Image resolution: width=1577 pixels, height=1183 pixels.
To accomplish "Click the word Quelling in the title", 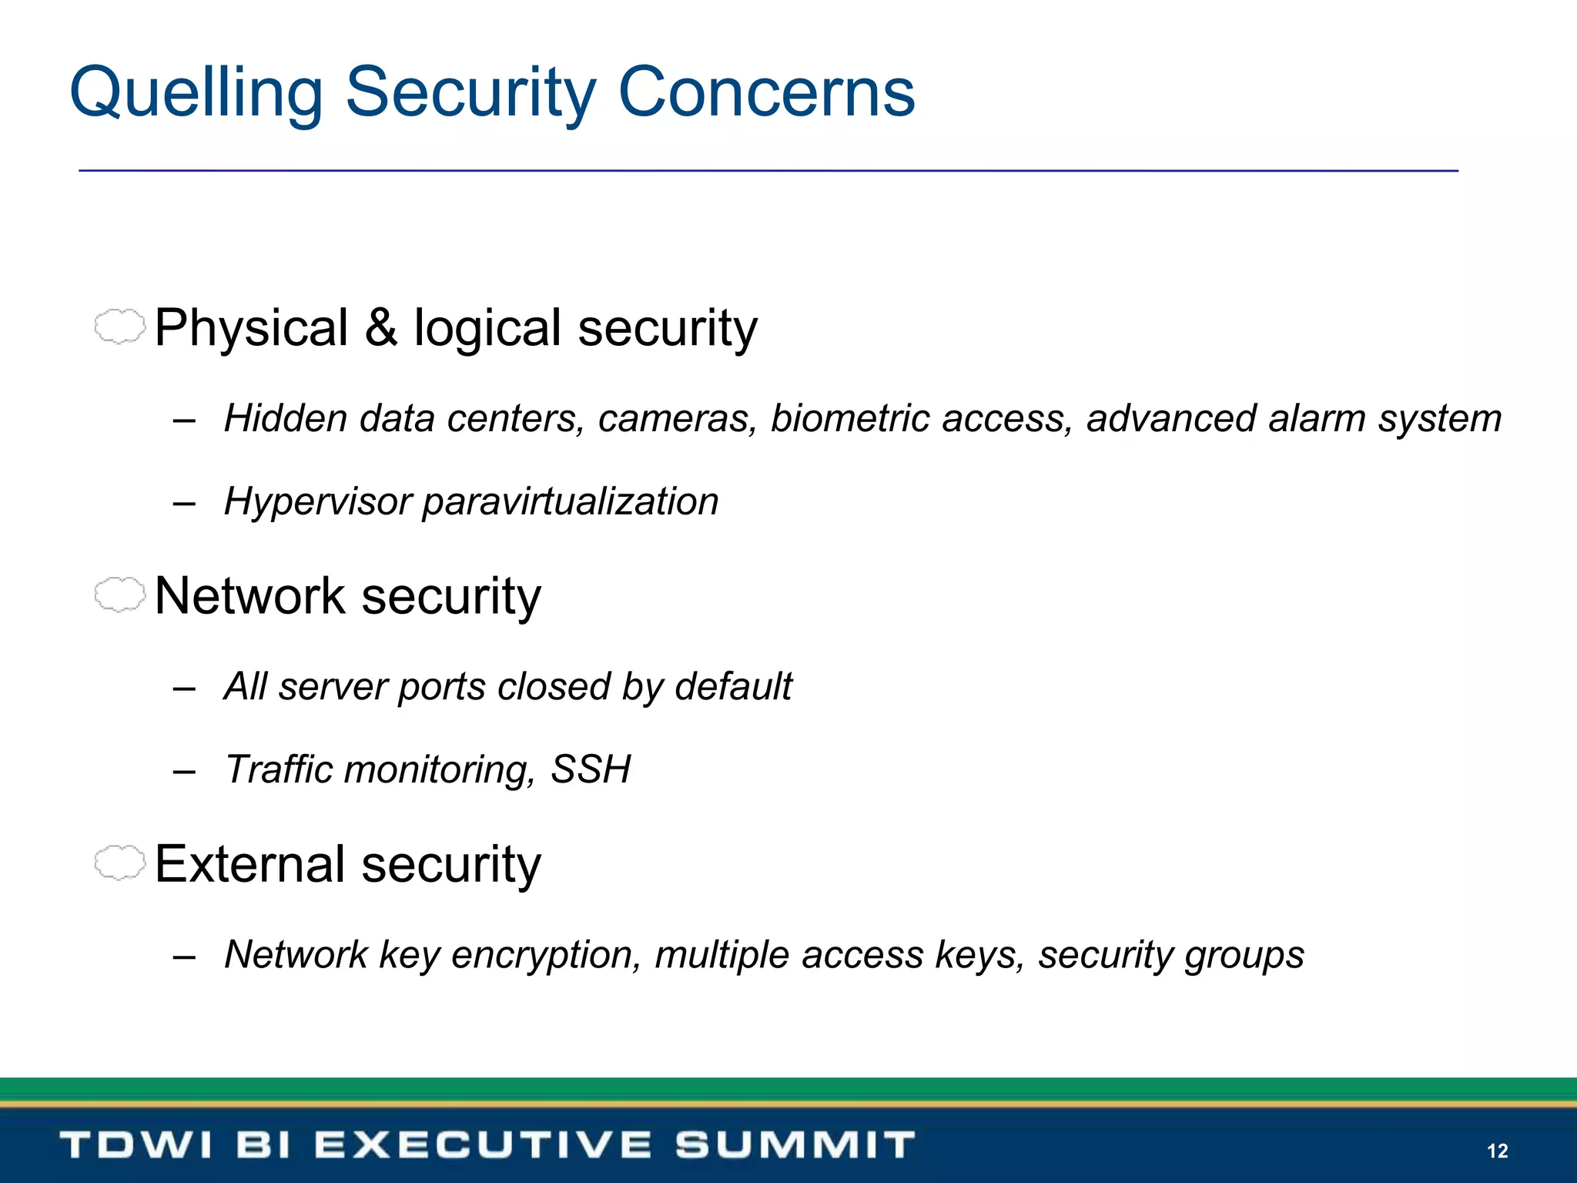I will pyautogui.click(x=196, y=93).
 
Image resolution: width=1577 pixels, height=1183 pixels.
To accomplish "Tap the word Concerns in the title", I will pyautogui.click(x=766, y=93).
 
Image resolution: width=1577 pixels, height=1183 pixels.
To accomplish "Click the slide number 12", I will pyautogui.click(x=1497, y=1151).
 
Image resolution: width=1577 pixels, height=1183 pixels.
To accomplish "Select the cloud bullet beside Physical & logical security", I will pyautogui.click(x=119, y=327).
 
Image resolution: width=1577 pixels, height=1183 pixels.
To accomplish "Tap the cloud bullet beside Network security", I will pyautogui.click(x=119, y=595).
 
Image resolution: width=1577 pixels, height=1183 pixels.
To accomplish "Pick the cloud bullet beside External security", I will pyautogui.click(x=119, y=863).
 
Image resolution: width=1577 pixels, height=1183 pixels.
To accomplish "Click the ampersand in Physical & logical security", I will pyautogui.click(x=380, y=328).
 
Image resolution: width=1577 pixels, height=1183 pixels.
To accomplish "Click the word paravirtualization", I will pyautogui.click(x=571, y=502).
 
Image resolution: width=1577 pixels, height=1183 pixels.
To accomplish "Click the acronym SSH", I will pyautogui.click(x=591, y=769).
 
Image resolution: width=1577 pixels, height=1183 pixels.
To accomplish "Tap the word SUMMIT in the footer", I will pyautogui.click(x=795, y=1145).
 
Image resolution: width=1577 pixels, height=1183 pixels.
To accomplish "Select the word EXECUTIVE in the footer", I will pyautogui.click(x=483, y=1145).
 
